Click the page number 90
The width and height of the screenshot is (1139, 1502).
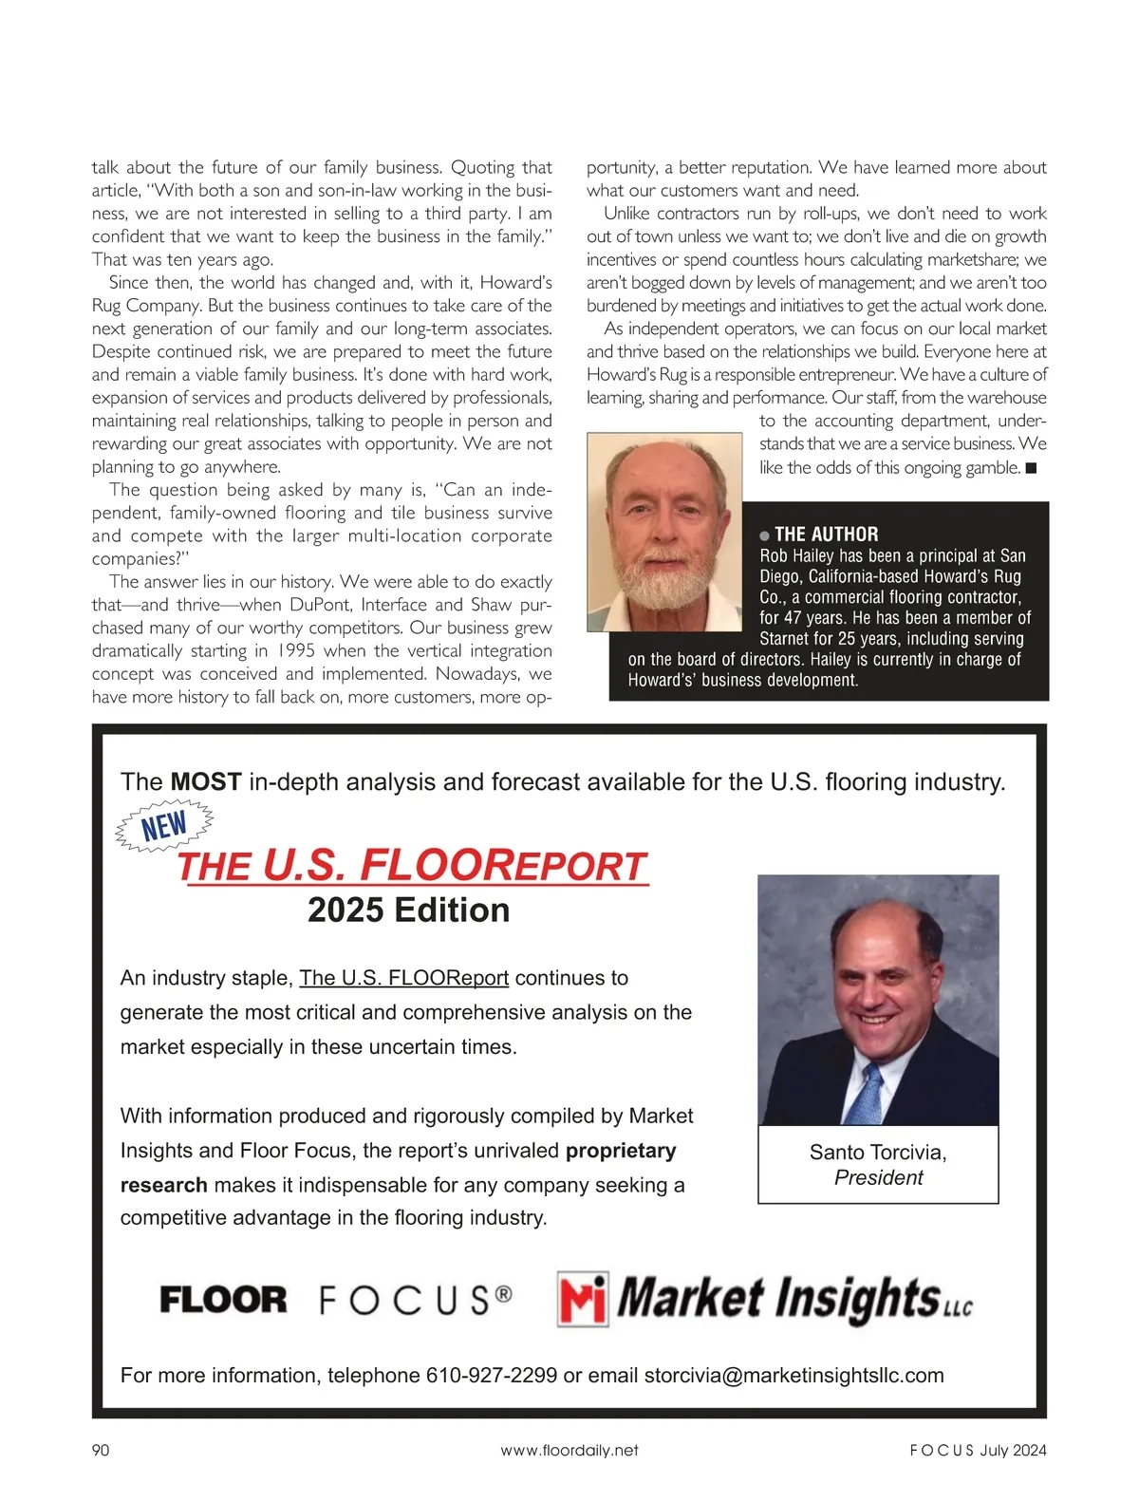[x=101, y=1450]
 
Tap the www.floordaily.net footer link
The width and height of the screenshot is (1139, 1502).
[x=569, y=1450]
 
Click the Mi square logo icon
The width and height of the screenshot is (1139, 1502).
[x=583, y=1299]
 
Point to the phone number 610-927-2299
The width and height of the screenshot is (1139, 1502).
[x=491, y=1375]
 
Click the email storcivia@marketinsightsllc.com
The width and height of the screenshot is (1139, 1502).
[x=794, y=1375]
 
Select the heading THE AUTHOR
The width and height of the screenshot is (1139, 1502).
[x=826, y=534]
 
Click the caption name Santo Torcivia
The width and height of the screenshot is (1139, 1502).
[x=878, y=1152]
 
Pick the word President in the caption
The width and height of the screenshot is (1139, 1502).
[x=878, y=1177]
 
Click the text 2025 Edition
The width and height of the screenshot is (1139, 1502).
[x=408, y=910]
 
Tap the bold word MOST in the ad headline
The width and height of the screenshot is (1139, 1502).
[x=205, y=781]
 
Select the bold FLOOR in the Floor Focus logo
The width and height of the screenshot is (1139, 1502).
[x=223, y=1300]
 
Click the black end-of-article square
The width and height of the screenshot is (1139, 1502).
[x=1031, y=467]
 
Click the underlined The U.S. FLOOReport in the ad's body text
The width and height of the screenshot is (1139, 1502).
[x=403, y=978]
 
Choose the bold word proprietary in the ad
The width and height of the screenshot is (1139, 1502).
[x=621, y=1150]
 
